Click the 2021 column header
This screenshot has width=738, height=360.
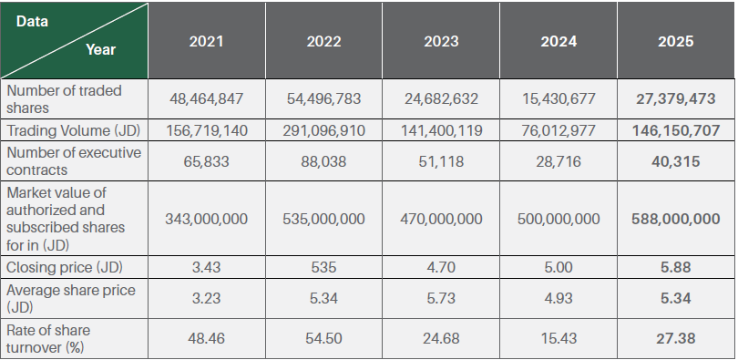(x=206, y=41)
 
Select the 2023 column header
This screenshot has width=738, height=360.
(x=441, y=41)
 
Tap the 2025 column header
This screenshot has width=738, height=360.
(x=676, y=41)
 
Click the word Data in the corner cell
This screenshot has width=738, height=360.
(x=32, y=21)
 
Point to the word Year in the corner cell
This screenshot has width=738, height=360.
(x=101, y=49)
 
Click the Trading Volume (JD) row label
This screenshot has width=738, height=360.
(x=74, y=130)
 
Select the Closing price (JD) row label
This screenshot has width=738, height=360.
(x=65, y=267)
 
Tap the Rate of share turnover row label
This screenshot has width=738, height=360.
(x=48, y=339)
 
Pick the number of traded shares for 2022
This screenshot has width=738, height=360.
(x=323, y=98)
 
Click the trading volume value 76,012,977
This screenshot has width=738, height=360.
(x=559, y=130)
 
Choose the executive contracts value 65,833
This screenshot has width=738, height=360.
(x=206, y=161)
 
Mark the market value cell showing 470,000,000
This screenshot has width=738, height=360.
(x=441, y=219)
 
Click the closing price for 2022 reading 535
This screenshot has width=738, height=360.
(x=323, y=267)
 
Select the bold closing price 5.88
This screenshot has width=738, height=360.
(x=676, y=267)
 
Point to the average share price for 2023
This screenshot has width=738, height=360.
(x=441, y=298)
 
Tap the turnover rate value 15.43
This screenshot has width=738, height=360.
(x=559, y=338)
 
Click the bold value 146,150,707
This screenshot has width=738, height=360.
(x=676, y=130)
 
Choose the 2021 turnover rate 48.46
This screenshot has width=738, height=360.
(x=206, y=338)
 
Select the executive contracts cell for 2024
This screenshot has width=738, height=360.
(x=559, y=161)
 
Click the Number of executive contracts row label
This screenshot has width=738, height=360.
(x=74, y=161)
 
